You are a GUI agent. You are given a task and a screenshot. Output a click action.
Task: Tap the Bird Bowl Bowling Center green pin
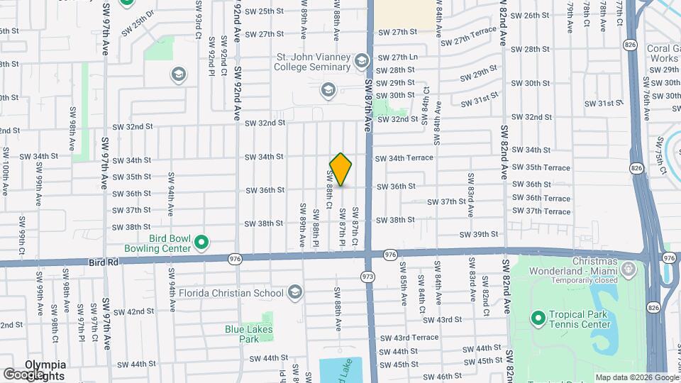click(201, 243)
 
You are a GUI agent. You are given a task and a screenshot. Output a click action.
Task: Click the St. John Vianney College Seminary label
click(313, 61)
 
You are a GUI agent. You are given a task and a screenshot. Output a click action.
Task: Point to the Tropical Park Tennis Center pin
click(537, 317)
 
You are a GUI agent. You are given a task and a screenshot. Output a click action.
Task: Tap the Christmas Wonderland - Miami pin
click(628, 268)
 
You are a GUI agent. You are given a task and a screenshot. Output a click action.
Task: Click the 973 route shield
click(367, 274)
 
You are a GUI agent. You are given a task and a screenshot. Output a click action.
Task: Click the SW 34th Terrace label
click(404, 158)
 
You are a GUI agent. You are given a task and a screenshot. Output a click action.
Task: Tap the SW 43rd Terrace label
click(409, 338)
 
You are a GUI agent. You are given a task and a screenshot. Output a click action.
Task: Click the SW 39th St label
click(479, 234)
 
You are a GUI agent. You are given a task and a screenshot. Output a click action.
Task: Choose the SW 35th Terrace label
click(541, 167)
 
